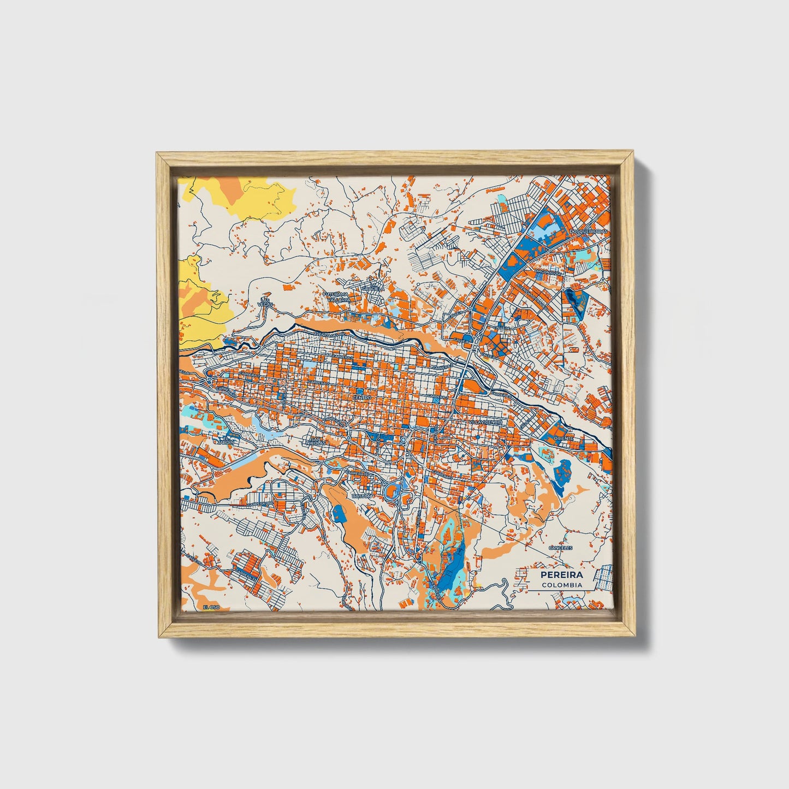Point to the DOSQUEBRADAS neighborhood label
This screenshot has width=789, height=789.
(588, 232)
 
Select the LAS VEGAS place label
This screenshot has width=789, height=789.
(266, 302)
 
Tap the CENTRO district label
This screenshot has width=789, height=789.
(361, 398)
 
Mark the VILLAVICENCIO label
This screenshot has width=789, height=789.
(485, 423)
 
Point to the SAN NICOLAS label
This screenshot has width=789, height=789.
(317, 440)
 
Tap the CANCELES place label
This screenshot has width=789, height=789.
(560, 548)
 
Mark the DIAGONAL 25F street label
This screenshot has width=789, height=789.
(548, 272)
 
